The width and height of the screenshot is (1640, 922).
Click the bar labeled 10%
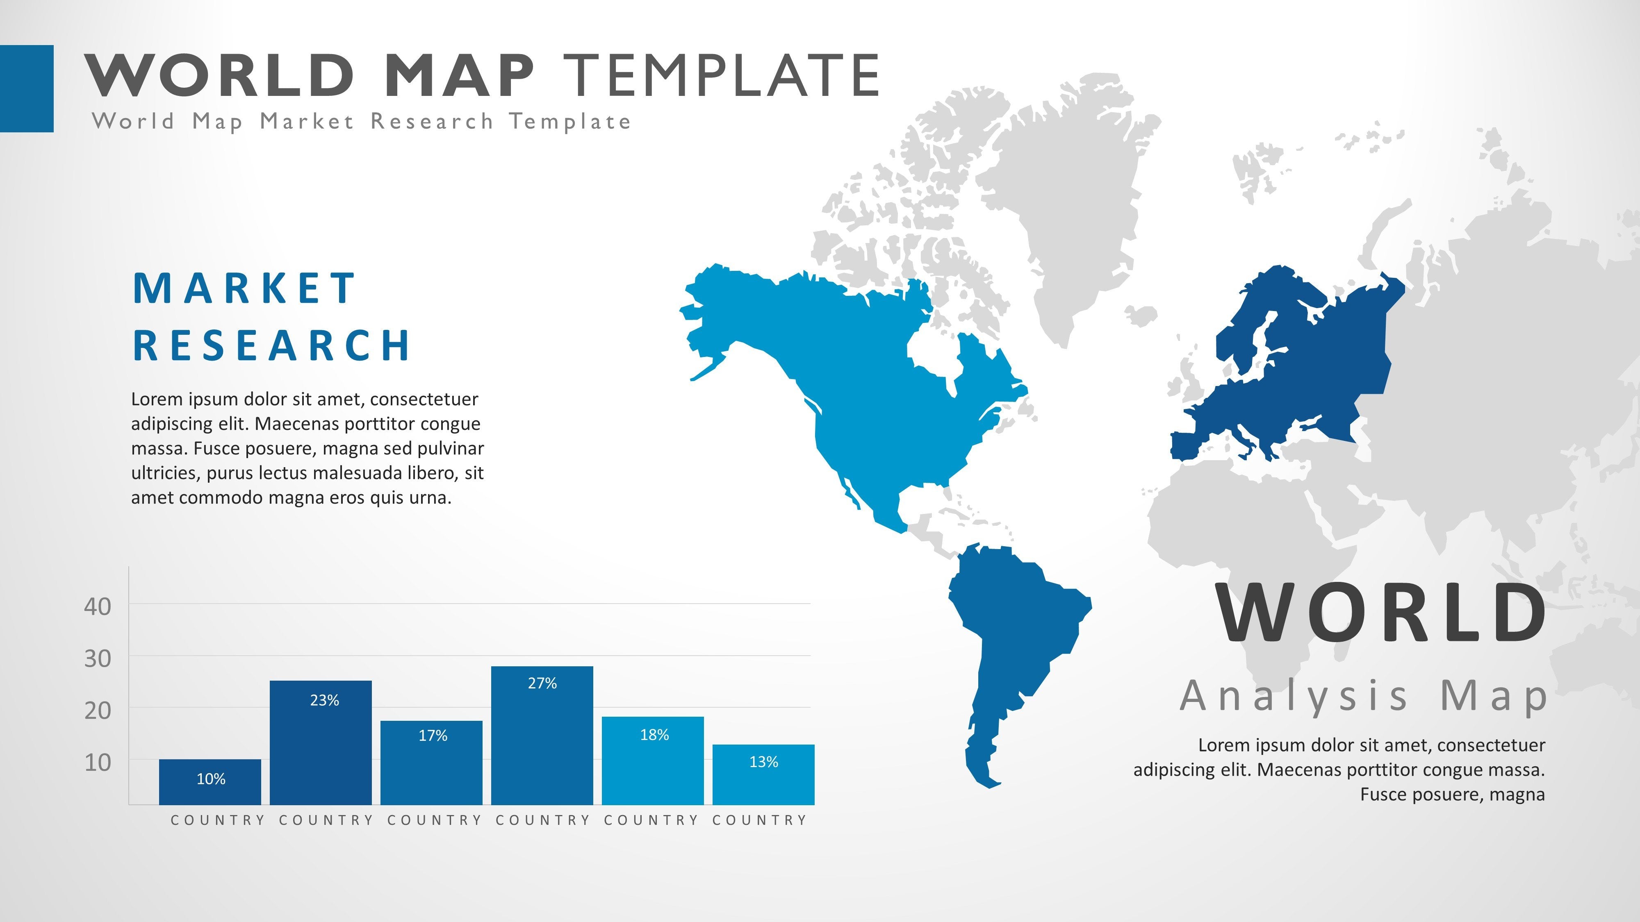(210, 782)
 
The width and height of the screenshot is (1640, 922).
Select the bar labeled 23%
(321, 743)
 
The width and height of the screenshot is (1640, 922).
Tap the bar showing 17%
(432, 763)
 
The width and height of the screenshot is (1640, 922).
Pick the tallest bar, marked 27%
(542, 736)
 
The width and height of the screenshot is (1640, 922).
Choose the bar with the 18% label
(653, 761)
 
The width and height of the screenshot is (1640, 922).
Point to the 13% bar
(764, 774)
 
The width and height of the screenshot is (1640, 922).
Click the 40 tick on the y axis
(98, 606)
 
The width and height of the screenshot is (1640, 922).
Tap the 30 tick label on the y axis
(98, 659)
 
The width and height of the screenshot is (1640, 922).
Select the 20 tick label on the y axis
(98, 710)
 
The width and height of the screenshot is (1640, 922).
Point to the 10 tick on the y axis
(98, 762)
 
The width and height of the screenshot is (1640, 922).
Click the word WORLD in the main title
(220, 75)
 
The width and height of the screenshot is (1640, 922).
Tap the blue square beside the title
(27, 89)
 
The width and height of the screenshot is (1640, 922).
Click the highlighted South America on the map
(1012, 649)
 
